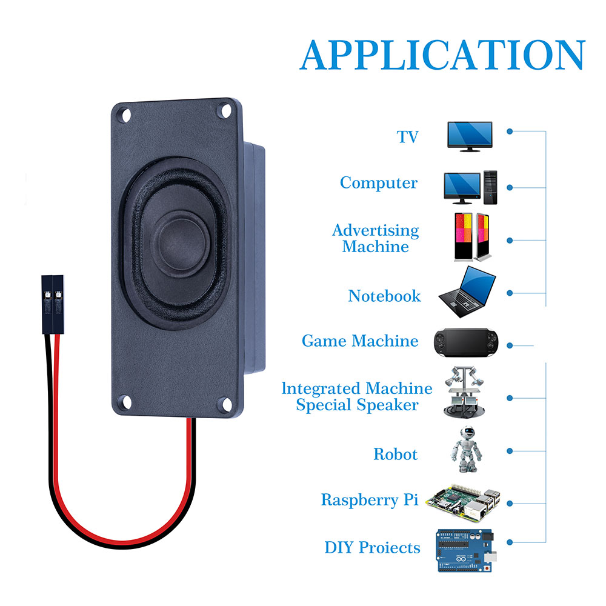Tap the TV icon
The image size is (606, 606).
click(469, 136)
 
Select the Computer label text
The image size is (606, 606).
click(379, 183)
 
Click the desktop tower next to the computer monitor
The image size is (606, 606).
click(490, 187)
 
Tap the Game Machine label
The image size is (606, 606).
click(360, 341)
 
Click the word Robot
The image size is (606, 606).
click(395, 454)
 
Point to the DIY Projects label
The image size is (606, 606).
click(372, 548)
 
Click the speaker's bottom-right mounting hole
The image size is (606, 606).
click(224, 402)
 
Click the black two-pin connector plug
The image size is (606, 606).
click(52, 303)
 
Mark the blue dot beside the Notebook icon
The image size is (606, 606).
click(510, 293)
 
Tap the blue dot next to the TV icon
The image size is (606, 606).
click(510, 131)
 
